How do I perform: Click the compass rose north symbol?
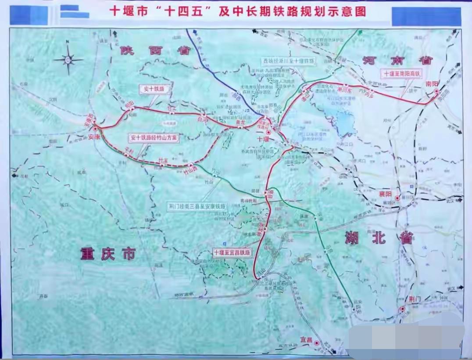pyautogui.click(x=68, y=59)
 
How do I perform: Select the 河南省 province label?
pyautogui.click(x=397, y=60)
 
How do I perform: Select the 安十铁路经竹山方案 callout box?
pyautogui.click(x=154, y=137)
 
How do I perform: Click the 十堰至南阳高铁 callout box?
pyautogui.click(x=402, y=74)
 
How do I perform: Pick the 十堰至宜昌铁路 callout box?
pyautogui.click(x=232, y=252)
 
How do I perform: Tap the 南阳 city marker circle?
pyautogui.click(x=437, y=91)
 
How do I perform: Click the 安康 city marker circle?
pyautogui.click(x=95, y=129)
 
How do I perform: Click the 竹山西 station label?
pyautogui.click(x=190, y=172)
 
